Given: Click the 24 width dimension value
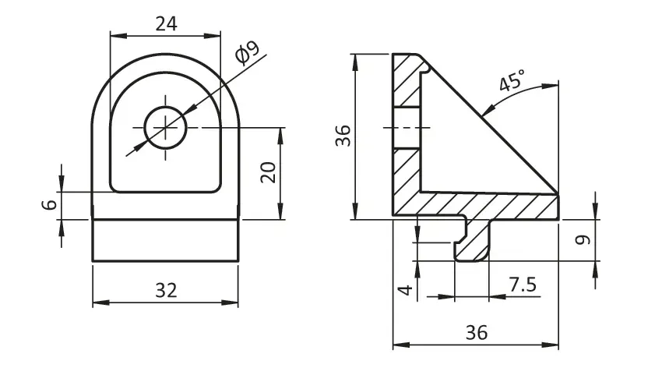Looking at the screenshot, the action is (x=166, y=24).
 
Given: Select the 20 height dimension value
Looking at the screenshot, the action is (x=268, y=172).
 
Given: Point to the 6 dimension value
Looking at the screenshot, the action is (x=49, y=205).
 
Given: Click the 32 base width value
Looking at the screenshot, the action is (x=166, y=290).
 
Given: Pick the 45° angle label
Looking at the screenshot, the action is (x=512, y=80).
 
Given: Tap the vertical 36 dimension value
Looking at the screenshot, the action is (x=343, y=136).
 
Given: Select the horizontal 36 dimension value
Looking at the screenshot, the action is (x=477, y=332).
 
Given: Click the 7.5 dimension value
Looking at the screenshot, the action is (x=523, y=285).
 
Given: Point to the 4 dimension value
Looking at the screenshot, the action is (x=405, y=290).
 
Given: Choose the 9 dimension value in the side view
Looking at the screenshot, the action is (x=583, y=240).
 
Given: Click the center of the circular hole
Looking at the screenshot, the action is (x=165, y=127).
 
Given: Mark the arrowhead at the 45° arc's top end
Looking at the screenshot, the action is (x=550, y=87).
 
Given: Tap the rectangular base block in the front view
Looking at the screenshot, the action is (x=165, y=240).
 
